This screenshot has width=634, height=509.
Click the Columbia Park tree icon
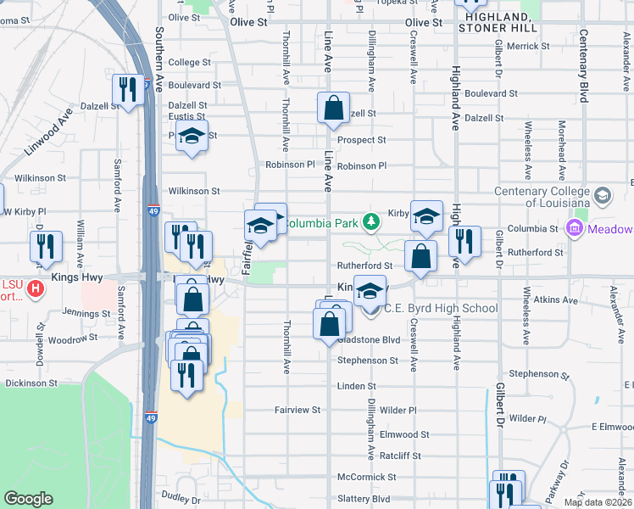(x=370, y=222)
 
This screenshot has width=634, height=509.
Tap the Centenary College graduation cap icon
(x=603, y=196)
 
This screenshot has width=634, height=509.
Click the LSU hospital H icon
(x=35, y=288)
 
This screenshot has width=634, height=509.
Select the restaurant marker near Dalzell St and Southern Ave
(x=127, y=90)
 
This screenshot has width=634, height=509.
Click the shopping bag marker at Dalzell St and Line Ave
(x=334, y=108)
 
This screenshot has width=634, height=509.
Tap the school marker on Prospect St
(x=192, y=136)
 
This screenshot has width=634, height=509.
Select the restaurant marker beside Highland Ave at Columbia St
(x=464, y=241)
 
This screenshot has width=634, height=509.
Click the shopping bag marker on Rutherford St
(x=420, y=256)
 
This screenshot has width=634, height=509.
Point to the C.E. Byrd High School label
(x=441, y=308)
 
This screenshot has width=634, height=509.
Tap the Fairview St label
(x=298, y=409)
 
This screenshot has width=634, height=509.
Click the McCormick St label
(x=366, y=478)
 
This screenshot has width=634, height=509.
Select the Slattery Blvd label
(x=363, y=499)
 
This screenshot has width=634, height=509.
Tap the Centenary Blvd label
(x=583, y=68)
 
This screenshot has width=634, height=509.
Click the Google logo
(x=28, y=499)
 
